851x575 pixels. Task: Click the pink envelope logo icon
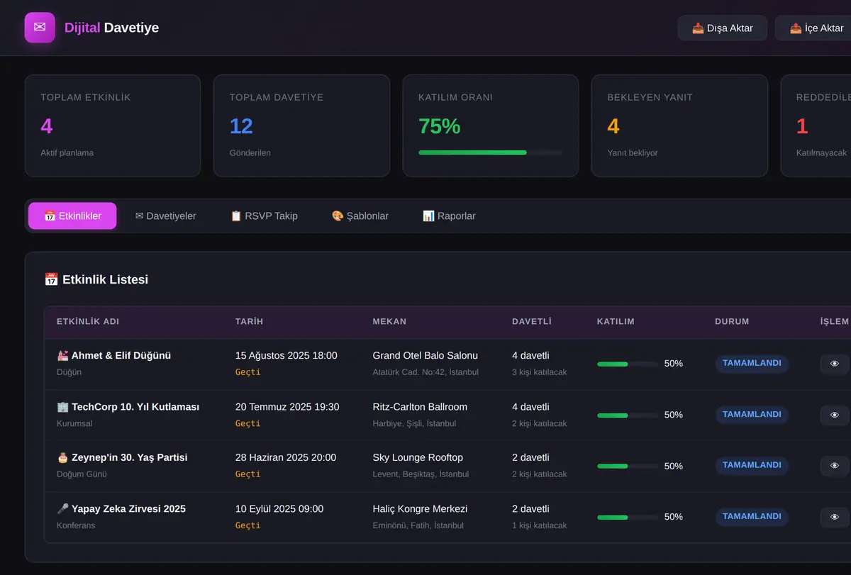coord(40,28)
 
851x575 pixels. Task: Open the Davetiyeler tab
coord(166,216)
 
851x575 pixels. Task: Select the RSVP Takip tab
coord(265,216)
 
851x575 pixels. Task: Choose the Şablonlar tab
coord(360,216)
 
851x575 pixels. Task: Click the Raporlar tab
coord(449,216)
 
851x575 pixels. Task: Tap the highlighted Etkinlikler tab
coord(72,216)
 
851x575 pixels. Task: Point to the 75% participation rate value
coord(439,126)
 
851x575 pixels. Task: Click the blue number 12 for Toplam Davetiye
coord(241,126)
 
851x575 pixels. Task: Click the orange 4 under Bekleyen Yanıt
coord(613,126)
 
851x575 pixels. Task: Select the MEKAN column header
coord(389,321)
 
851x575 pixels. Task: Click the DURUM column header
coord(732,321)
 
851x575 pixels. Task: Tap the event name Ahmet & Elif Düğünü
coord(121,355)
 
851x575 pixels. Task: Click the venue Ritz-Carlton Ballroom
coord(420,407)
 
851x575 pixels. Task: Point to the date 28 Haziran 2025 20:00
coord(286,457)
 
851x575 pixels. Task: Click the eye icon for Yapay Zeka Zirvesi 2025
coord(834,517)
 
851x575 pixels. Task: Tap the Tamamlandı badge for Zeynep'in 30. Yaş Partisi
coord(752,465)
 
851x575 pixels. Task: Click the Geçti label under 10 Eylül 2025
coord(247,525)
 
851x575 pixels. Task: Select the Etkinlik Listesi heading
coord(105,279)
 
